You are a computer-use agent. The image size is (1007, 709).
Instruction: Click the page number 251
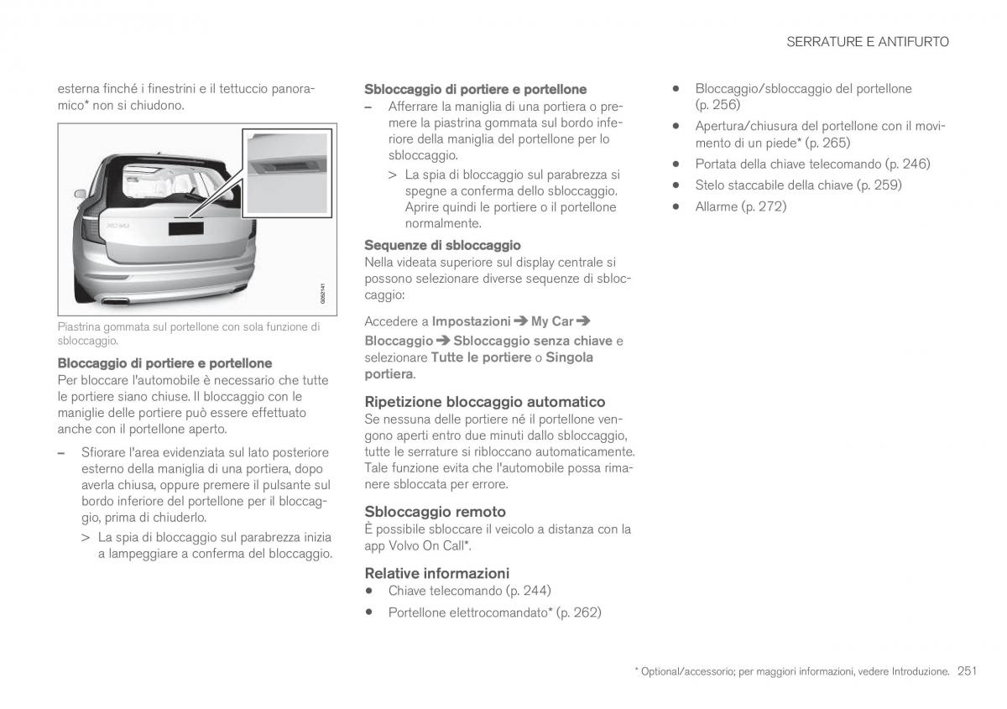(x=967, y=671)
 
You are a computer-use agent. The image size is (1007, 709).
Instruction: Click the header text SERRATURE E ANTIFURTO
(x=868, y=42)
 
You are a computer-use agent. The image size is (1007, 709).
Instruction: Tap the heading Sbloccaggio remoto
(x=435, y=512)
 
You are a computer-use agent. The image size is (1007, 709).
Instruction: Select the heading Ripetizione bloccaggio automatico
(x=484, y=402)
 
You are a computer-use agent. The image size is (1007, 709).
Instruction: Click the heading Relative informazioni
(x=436, y=574)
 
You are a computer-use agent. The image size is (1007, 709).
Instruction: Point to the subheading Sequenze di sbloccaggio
(x=442, y=245)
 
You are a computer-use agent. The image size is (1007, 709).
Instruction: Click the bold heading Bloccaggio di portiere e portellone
(x=164, y=363)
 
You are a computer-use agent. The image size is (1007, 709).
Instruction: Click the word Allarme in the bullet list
(x=715, y=206)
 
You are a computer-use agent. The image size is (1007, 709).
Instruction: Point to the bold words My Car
(x=553, y=321)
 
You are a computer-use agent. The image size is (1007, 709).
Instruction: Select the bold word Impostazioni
(x=471, y=321)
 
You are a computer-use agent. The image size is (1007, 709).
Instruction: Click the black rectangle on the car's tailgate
(x=186, y=227)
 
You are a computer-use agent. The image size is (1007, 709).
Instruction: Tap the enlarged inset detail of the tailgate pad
(x=286, y=173)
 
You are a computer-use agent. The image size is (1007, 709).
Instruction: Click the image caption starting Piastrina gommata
(x=188, y=333)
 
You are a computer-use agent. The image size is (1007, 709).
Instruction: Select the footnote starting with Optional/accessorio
(x=792, y=672)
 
